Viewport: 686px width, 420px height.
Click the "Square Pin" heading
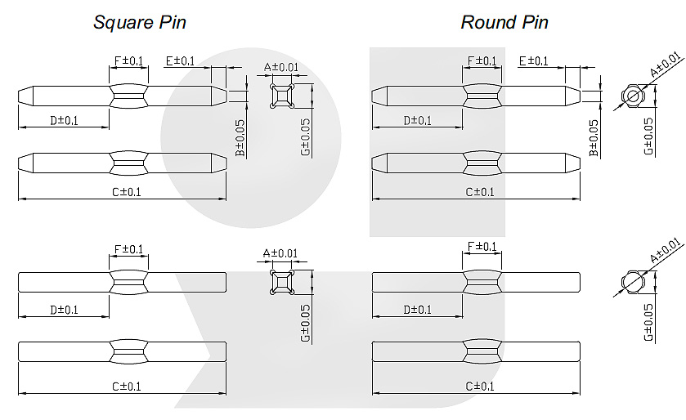[x=140, y=22]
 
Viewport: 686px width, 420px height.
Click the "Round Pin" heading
[x=504, y=22]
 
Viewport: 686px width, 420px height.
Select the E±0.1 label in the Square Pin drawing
[x=180, y=60]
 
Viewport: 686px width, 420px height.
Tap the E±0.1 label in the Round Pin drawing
[x=534, y=60]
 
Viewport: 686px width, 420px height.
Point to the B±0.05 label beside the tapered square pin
[x=240, y=138]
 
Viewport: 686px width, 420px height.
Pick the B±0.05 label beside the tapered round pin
[x=594, y=138]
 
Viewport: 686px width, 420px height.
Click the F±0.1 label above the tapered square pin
[x=128, y=60]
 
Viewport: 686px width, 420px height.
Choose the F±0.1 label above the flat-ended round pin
[x=482, y=247]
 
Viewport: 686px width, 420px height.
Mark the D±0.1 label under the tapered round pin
[x=417, y=121]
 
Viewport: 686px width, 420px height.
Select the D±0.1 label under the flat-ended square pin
[x=64, y=310]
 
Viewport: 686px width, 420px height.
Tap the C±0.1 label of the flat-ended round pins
[x=480, y=386]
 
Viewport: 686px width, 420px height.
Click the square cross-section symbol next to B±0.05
[x=281, y=97]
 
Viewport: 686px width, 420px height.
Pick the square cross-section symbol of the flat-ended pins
[x=281, y=283]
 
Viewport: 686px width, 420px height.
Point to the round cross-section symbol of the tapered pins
[x=632, y=97]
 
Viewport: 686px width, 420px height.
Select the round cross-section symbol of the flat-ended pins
[x=632, y=283]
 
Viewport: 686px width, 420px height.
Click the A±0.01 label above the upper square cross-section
[x=281, y=68]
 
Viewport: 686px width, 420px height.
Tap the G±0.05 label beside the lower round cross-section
[x=648, y=324]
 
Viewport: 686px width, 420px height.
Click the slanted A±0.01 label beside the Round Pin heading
[x=664, y=65]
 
